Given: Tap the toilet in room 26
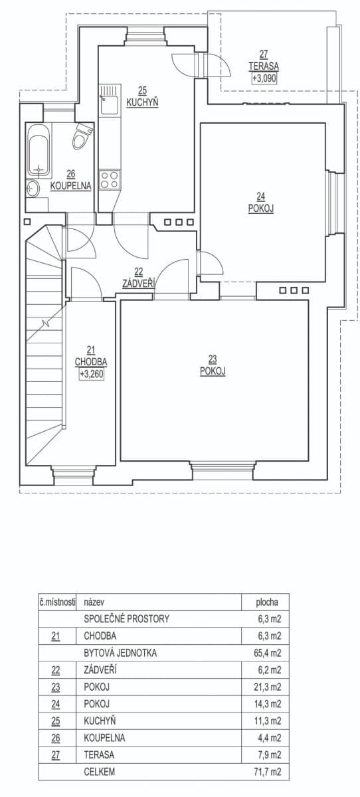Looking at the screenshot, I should [x=81, y=137].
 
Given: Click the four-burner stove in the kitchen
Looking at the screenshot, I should [x=109, y=178].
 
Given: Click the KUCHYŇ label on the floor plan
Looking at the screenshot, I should [x=143, y=102].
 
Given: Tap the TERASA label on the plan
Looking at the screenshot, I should [x=264, y=66].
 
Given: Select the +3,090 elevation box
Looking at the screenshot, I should [x=264, y=78].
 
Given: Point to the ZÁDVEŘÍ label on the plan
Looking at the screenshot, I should [x=139, y=283].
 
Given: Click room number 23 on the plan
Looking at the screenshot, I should [x=213, y=362].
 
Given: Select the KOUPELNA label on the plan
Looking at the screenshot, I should [x=70, y=187].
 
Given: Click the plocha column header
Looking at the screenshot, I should [x=267, y=602].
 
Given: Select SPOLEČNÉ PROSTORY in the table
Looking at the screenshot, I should [x=127, y=619].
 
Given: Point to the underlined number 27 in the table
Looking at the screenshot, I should [x=56, y=754].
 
